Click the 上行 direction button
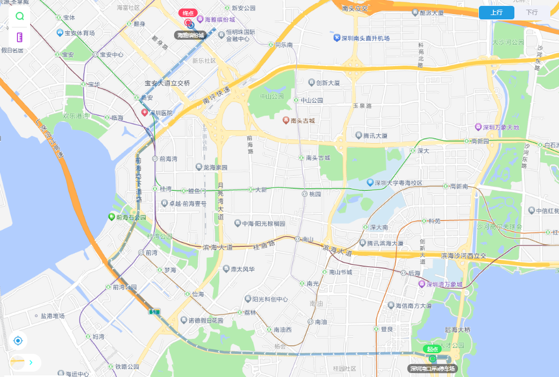coord(496,12)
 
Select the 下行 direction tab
coord(532,12)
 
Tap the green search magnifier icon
coord(20,16)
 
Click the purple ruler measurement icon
coord(20,37)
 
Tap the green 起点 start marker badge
coord(432,349)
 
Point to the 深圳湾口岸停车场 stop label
coord(432,368)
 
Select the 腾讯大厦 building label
coord(375,136)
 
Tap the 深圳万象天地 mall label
coord(500,127)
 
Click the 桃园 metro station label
coord(314,194)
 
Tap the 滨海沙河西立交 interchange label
coord(463,255)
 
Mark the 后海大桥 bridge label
coord(457,330)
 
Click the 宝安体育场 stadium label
coord(79,33)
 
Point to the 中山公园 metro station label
coord(311,100)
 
